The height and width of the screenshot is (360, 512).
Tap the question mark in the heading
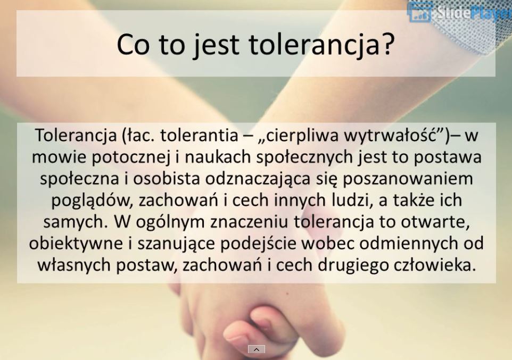386,45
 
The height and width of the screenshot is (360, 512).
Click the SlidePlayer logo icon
420,12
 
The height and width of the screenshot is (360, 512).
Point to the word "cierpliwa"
302,136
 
